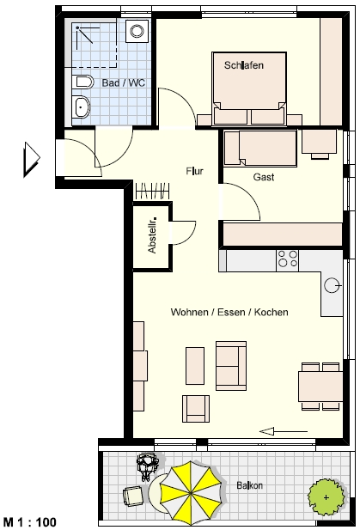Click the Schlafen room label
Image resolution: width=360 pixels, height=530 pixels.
tap(244, 65)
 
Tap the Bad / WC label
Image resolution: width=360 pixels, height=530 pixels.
tap(124, 82)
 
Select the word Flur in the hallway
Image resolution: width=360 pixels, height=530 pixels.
tap(194, 171)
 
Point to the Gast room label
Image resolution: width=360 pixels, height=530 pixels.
tap(264, 177)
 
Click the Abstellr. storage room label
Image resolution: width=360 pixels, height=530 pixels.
tap(152, 235)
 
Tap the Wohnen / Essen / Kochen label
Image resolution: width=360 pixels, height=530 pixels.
tap(229, 312)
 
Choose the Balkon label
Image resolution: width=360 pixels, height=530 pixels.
tap(249, 485)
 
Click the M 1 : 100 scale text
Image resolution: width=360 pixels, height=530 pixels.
tap(30, 522)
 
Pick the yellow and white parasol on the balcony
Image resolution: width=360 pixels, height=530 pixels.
tap(191, 492)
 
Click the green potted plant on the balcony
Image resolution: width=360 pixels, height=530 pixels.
tap(326, 497)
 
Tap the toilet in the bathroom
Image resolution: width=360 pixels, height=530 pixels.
tap(82, 82)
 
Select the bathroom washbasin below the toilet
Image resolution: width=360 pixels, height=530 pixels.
tap(81, 107)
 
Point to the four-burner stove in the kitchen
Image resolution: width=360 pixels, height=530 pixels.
tap(287, 259)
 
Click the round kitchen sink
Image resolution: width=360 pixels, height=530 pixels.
tap(332, 285)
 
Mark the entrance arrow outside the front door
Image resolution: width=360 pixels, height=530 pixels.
tap(32, 159)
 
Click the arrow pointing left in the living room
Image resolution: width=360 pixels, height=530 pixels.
tap(284, 431)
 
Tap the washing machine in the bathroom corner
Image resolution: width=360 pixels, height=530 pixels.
tap(137, 31)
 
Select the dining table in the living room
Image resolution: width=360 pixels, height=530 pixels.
tap(320, 386)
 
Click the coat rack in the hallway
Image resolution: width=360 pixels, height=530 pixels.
tap(152, 191)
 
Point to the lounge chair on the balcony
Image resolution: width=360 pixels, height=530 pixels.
tap(133, 496)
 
